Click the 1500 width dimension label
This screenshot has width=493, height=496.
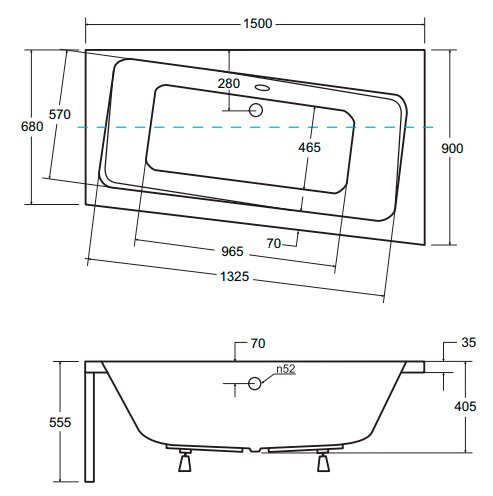click(x=257, y=24)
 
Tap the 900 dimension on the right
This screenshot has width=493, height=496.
click(x=452, y=148)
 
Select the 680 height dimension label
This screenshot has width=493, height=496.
click(x=32, y=127)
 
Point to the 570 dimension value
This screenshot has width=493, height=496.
click(x=60, y=114)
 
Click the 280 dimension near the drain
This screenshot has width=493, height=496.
click(x=229, y=83)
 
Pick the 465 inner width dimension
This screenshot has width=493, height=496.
click(x=309, y=147)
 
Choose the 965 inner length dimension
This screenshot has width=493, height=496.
click(x=232, y=251)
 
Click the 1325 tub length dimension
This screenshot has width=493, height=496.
click(x=234, y=276)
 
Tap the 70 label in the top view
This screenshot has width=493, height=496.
click(x=274, y=244)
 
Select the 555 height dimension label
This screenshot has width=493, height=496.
click(x=60, y=422)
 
